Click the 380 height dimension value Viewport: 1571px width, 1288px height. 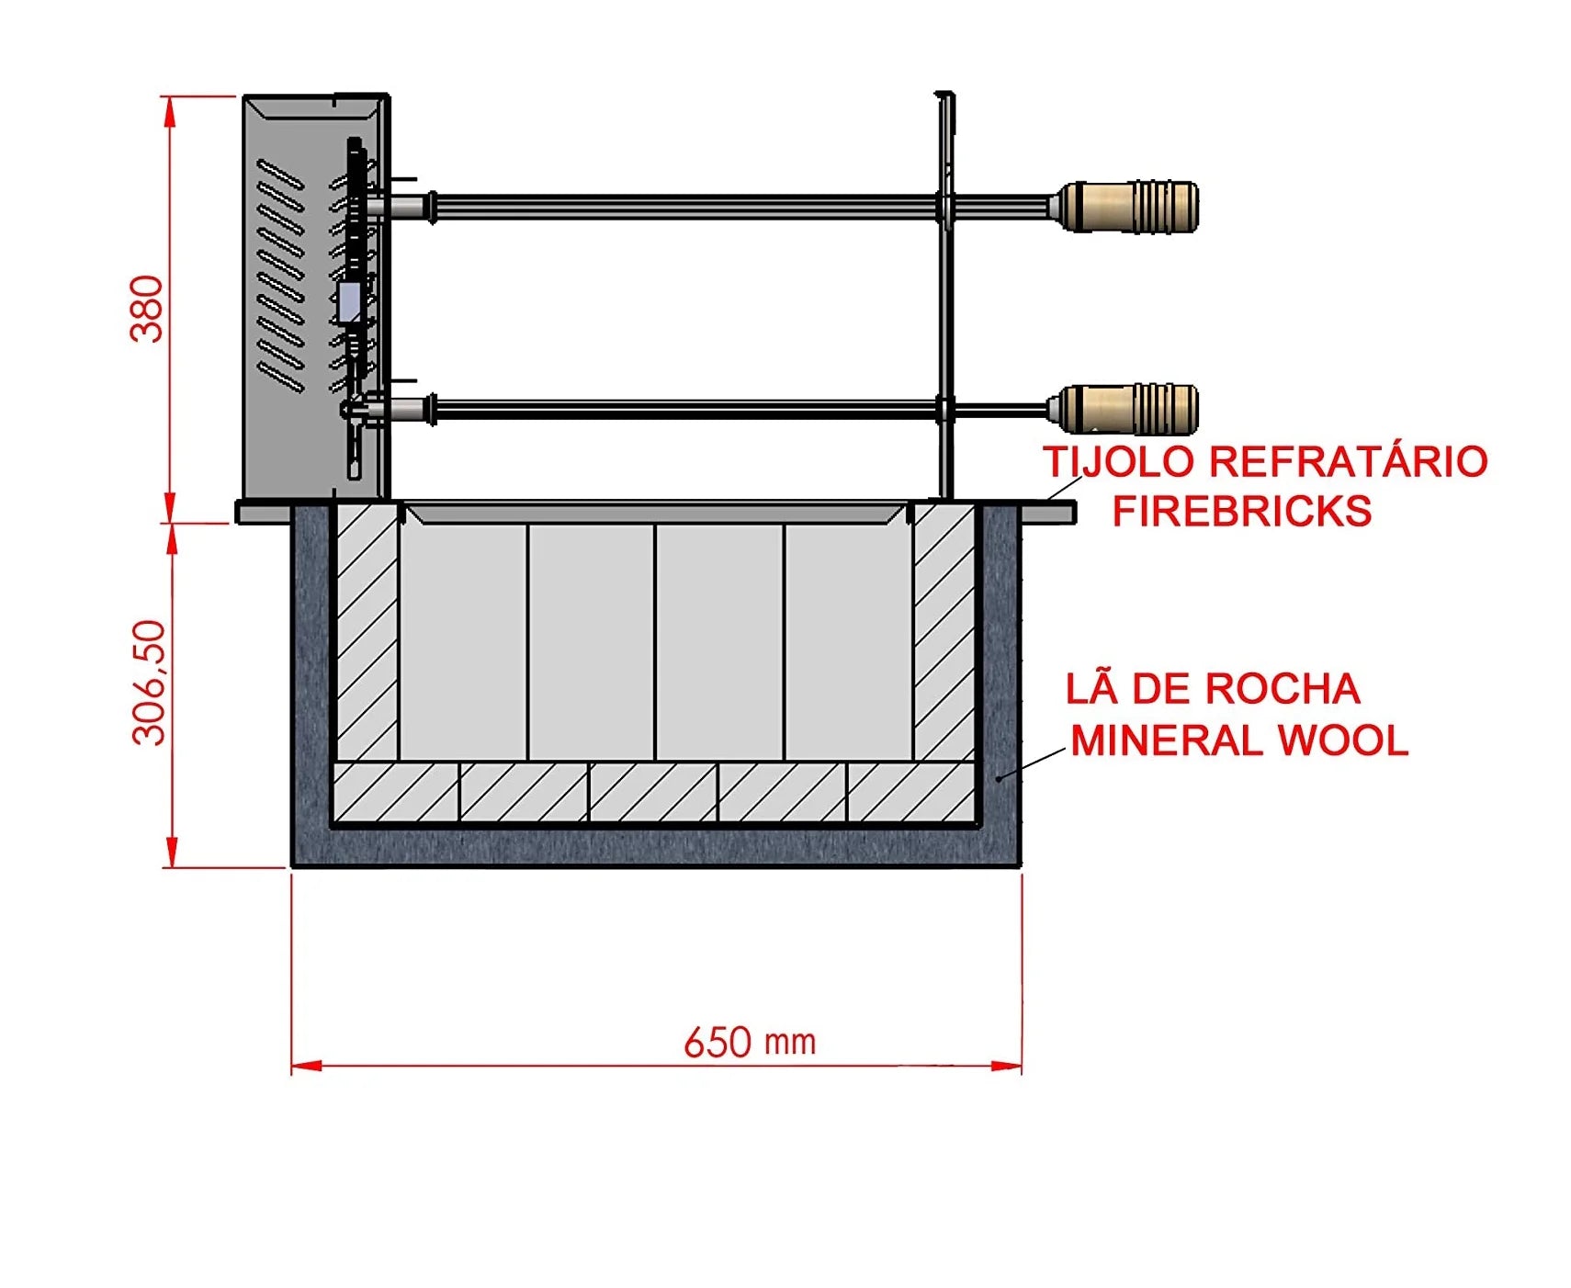coord(147,308)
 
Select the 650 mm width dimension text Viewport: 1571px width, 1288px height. coord(750,1043)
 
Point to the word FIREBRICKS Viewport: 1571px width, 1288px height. coord(1242,511)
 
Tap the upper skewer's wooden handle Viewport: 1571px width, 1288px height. coord(1129,207)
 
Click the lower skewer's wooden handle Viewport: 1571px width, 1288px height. coord(1129,410)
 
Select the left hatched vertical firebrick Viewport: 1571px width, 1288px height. coord(367,633)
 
